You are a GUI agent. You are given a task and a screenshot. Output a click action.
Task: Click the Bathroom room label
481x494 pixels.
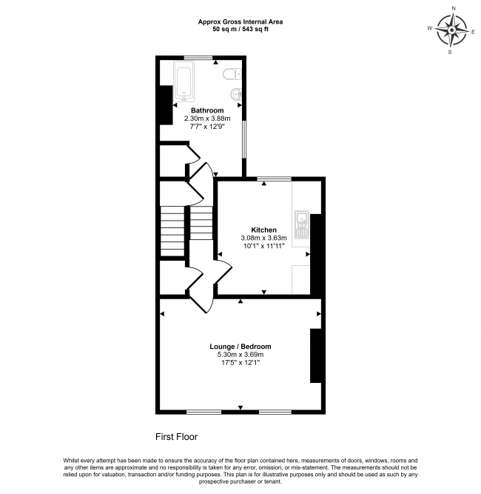[207, 110]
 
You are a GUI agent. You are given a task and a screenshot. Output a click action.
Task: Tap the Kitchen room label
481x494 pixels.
[263, 230]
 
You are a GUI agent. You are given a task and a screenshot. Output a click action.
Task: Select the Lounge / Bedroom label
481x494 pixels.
[240, 347]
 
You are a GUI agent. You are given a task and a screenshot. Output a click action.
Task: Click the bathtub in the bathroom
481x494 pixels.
[184, 81]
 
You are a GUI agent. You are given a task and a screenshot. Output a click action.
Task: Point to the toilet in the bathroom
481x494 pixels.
[232, 73]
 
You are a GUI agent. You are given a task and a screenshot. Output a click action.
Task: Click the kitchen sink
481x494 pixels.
[301, 224]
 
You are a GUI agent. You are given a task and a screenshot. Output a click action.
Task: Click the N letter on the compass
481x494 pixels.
[453, 8]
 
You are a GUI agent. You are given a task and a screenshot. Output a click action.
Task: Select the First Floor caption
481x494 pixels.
[176, 437]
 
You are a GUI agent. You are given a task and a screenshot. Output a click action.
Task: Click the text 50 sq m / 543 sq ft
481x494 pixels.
[240, 30]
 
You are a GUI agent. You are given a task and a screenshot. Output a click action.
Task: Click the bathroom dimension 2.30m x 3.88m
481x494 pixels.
[207, 119]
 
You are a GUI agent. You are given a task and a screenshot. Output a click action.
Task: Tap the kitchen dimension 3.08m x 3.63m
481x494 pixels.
[263, 238]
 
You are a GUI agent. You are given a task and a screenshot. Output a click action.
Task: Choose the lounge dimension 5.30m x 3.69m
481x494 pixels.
[240, 355]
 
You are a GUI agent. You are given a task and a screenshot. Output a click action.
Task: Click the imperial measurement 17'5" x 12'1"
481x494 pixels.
[240, 363]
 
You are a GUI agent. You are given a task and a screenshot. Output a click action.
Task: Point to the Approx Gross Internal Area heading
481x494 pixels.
[240, 21]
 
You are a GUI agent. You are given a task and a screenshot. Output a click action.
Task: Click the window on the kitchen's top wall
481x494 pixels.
[274, 179]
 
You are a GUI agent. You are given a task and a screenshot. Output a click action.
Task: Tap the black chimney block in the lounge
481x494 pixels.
[315, 356]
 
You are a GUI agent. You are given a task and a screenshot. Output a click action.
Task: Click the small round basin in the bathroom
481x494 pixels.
[236, 94]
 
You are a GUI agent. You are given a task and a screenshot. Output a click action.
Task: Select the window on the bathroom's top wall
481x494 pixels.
[199, 58]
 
